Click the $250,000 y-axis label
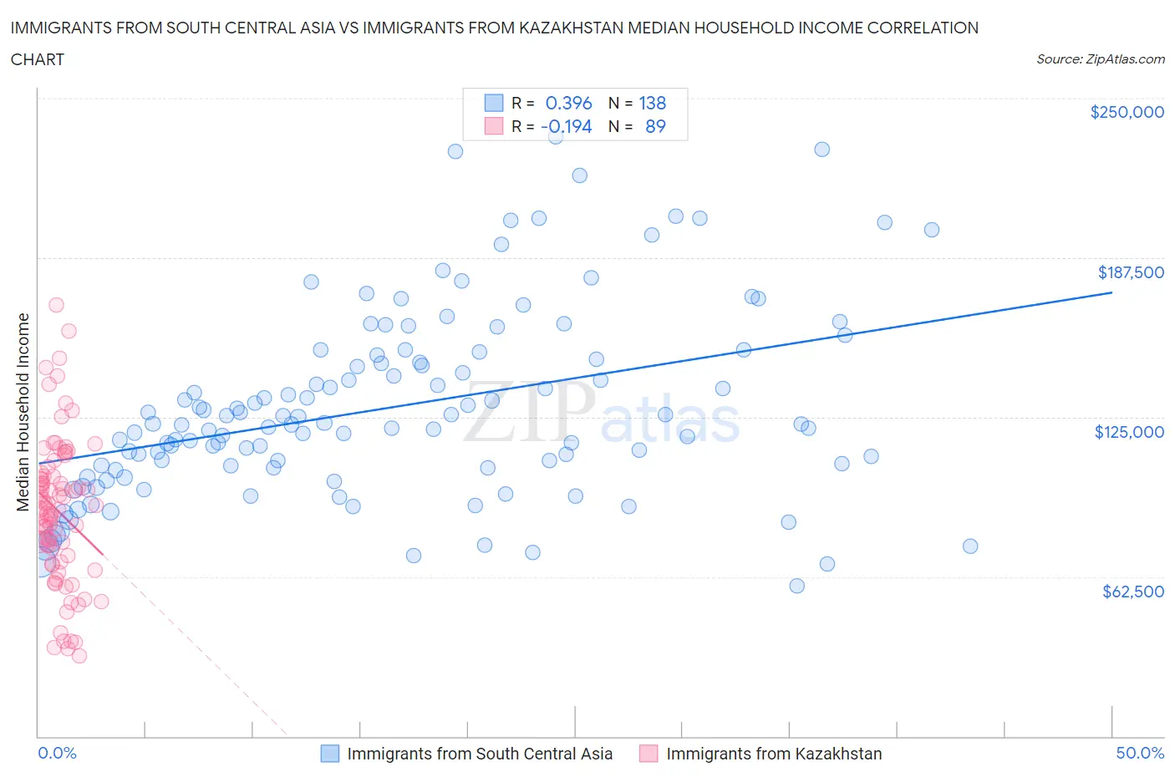point(1127,113)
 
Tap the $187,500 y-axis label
point(1130,272)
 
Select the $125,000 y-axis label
point(1129,432)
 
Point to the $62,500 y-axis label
point(1132,592)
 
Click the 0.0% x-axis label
point(57,754)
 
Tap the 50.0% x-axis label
point(1140,754)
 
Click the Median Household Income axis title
point(23,412)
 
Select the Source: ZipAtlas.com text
point(1100,59)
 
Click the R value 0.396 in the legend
point(568,103)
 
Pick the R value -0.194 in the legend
point(567,126)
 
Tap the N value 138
point(653,103)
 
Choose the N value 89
point(655,126)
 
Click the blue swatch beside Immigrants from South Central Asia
point(330,754)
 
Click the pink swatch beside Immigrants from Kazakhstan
point(649,754)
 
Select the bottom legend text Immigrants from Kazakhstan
point(774,754)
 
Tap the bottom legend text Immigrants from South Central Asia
point(480,754)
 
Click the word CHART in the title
point(38,59)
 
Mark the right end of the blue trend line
point(1111,292)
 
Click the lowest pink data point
point(79,656)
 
